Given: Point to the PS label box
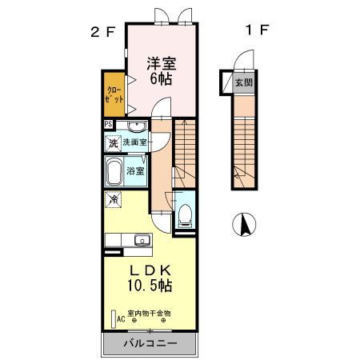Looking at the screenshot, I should (109, 124).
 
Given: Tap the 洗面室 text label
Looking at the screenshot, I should (135, 142).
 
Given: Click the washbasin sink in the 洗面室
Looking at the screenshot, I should (135, 126).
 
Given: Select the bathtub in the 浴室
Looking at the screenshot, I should (113, 171).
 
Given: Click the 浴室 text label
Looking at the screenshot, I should (136, 170).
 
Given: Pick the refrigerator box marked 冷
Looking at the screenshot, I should (114, 198).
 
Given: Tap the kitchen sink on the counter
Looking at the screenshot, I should (142, 239).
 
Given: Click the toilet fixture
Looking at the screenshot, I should (186, 213).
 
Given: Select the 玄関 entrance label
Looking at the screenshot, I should (243, 82).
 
